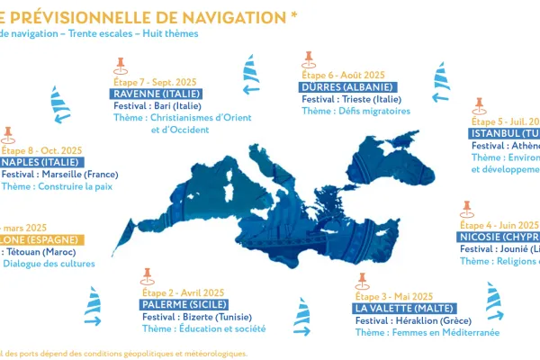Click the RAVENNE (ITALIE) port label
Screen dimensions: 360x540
(x=154, y=94)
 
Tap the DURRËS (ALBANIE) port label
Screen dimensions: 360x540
(x=347, y=87)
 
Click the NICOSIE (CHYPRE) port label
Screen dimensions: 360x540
(x=498, y=237)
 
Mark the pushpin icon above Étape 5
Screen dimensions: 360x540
(x=478, y=105)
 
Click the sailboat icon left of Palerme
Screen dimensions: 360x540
(x=93, y=307)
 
